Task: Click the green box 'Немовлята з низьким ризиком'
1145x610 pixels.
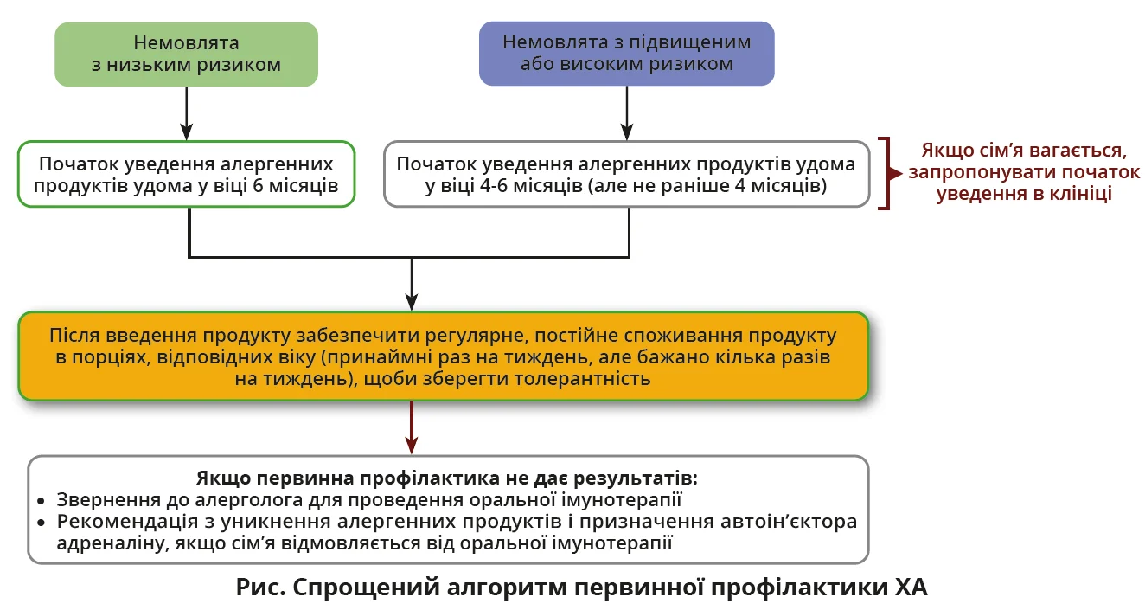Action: click(x=186, y=54)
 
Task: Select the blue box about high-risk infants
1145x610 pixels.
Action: click(x=626, y=54)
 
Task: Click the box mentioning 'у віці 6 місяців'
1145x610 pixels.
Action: click(x=186, y=175)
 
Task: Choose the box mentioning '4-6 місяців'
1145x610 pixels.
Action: click(x=626, y=175)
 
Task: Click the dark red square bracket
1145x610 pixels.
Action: click(x=884, y=173)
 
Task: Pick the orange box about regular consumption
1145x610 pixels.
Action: click(x=442, y=356)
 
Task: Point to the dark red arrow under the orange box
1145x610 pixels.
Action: click(x=413, y=428)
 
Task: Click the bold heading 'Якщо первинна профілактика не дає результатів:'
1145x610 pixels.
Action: click(x=446, y=478)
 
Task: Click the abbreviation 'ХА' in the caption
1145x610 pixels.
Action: click(x=908, y=587)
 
